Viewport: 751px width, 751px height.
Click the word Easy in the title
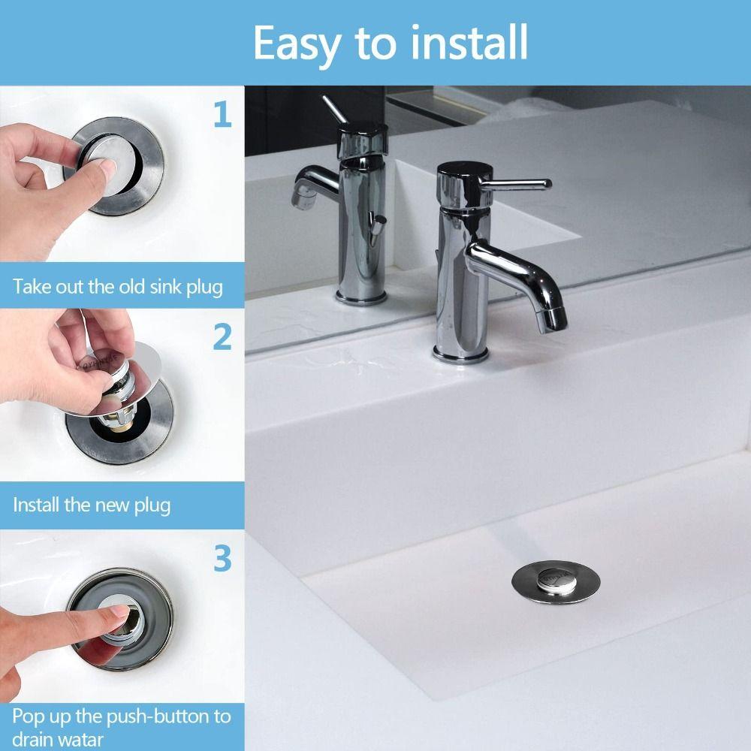tap(296, 43)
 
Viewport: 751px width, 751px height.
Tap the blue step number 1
tap(222, 115)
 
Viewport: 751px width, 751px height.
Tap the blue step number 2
tap(222, 337)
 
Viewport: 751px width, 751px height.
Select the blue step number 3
tap(222, 559)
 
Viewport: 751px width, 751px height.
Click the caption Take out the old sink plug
tap(118, 287)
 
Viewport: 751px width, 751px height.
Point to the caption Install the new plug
tap(92, 505)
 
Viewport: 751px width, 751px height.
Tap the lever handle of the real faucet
tap(518, 183)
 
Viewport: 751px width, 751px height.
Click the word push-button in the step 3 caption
tap(149, 716)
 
